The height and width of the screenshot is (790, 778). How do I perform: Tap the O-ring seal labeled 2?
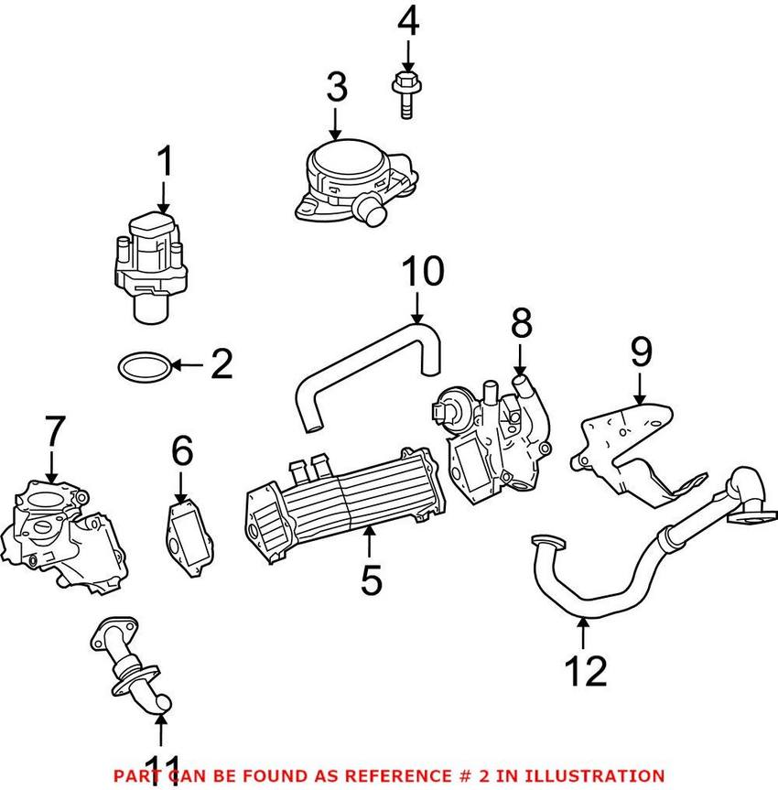[145, 367]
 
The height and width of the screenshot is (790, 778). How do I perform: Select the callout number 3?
[337, 88]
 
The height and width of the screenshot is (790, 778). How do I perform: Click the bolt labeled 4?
[403, 94]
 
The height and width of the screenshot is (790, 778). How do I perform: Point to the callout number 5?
[371, 581]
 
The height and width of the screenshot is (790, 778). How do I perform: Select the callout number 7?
[55, 432]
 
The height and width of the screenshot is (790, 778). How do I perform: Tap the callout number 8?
[520, 324]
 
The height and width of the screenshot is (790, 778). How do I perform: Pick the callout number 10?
[423, 271]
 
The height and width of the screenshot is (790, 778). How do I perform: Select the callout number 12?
[586, 670]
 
